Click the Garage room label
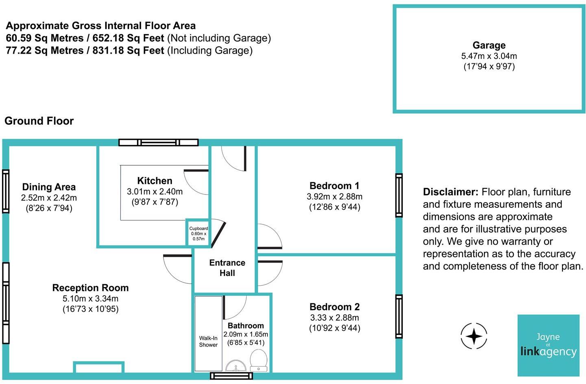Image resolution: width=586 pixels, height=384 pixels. pyautogui.click(x=489, y=45)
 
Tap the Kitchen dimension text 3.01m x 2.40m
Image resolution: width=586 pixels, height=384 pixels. pyautogui.click(x=154, y=191)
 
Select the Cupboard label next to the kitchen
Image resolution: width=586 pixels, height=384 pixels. pyautogui.click(x=198, y=229)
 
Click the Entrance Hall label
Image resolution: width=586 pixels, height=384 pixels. pyautogui.click(x=227, y=268)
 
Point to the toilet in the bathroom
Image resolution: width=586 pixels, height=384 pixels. pyautogui.click(x=258, y=360)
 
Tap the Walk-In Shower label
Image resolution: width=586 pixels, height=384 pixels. pyautogui.click(x=208, y=341)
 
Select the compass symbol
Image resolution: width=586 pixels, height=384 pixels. pyautogui.click(x=474, y=336)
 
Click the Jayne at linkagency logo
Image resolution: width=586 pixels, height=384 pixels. pyautogui.click(x=548, y=345)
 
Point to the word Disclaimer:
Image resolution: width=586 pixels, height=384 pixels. pyautogui.click(x=450, y=192)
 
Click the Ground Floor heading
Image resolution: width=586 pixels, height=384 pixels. pyautogui.click(x=39, y=121)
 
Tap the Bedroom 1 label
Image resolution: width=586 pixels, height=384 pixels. pyautogui.click(x=334, y=186)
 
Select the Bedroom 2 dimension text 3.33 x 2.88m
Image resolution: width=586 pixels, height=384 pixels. pyautogui.click(x=334, y=317)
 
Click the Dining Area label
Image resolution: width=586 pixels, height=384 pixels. pyautogui.click(x=49, y=187)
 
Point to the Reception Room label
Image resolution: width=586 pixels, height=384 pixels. pyautogui.click(x=90, y=288)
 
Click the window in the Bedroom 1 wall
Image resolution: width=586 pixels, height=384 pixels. pyautogui.click(x=399, y=195)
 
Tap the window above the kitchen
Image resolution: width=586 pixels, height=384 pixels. pyautogui.click(x=158, y=142)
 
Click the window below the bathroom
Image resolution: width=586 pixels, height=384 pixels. pyautogui.click(x=231, y=376)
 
